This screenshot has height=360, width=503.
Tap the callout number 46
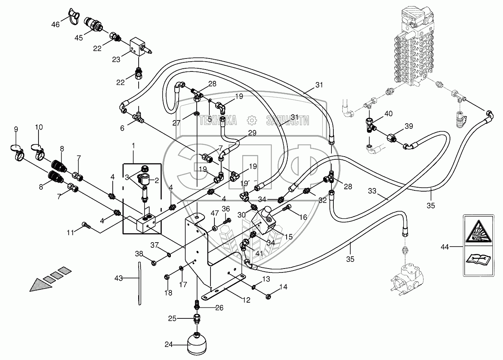click(55, 24)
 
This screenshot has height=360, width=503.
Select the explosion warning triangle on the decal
click(479, 232)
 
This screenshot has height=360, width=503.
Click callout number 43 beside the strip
click(119, 278)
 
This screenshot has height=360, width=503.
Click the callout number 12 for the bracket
click(246, 300)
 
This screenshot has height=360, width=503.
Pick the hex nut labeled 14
click(268, 297)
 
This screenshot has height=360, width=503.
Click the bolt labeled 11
click(86, 225)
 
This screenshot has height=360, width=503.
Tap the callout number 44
click(444, 247)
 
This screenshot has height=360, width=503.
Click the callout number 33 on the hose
click(372, 191)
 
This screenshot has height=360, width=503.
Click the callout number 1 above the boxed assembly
click(134, 146)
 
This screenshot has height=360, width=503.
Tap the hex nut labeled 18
click(166, 277)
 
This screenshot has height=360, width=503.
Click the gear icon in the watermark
click(252, 121)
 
